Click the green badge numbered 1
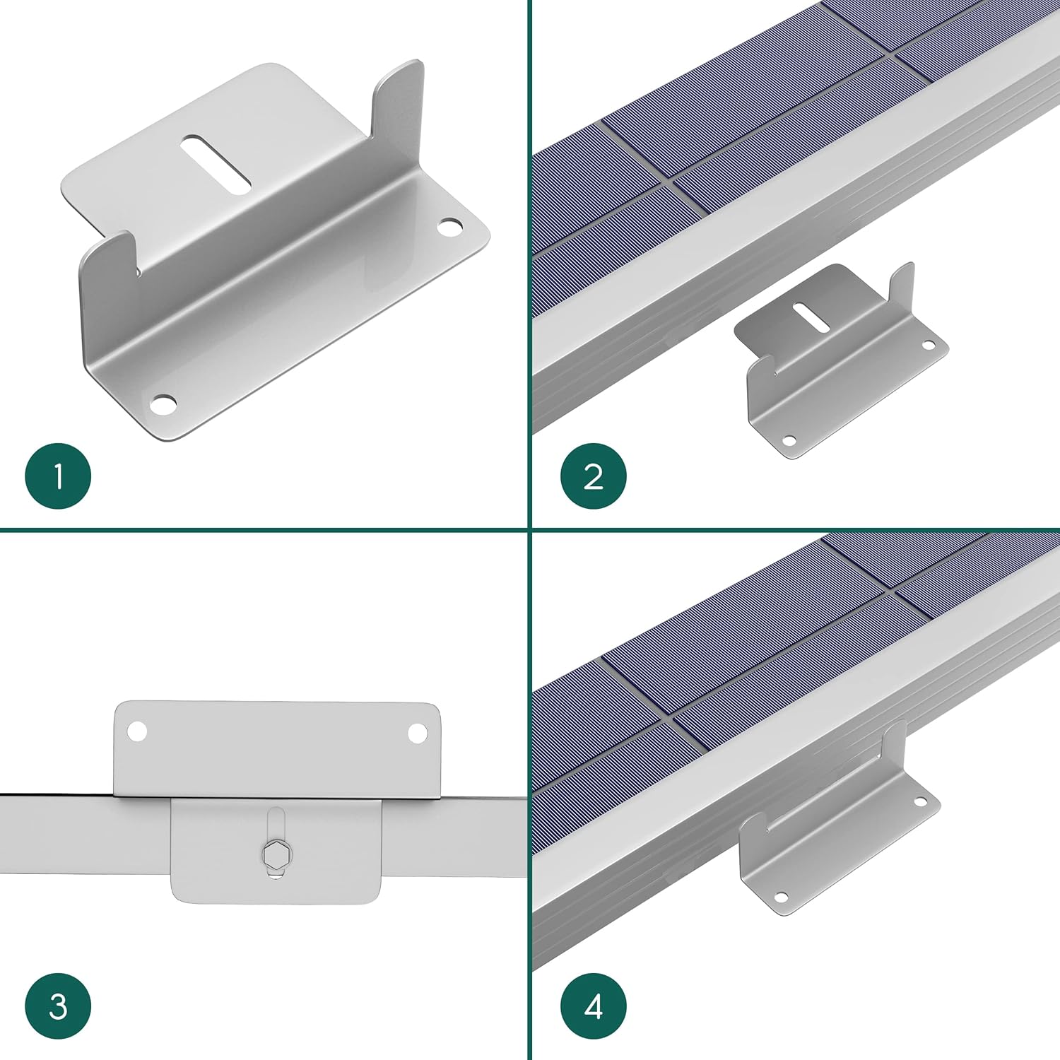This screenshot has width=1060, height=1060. click(x=58, y=476)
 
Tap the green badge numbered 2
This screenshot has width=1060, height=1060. click(x=593, y=476)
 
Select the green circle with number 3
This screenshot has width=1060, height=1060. click(x=58, y=1006)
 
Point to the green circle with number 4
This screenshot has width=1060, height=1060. click(x=593, y=1006)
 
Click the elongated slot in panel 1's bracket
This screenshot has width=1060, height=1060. click(x=216, y=165)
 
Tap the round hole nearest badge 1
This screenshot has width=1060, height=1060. click(x=164, y=405)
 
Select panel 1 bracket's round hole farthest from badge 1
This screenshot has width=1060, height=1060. click(x=449, y=227)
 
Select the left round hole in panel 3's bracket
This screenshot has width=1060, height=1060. click(x=137, y=732)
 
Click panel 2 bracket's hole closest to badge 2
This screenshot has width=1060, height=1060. click(x=789, y=440)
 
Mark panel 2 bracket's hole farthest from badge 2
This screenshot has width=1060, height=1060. click(x=928, y=346)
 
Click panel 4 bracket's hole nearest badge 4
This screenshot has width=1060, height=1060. click(x=781, y=897)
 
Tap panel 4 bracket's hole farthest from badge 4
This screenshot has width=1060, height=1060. click(x=920, y=802)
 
